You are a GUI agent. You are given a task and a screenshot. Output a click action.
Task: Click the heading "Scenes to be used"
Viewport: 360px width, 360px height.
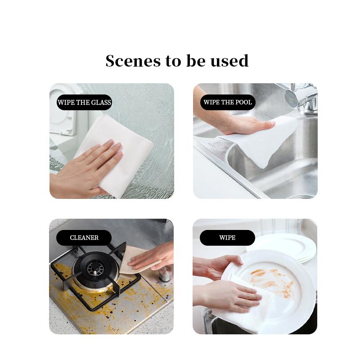click(177, 61)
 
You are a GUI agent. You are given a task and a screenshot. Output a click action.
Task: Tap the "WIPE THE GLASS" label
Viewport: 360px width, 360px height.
click(84, 102)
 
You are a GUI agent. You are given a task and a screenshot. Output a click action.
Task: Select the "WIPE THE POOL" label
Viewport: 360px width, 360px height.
click(227, 102)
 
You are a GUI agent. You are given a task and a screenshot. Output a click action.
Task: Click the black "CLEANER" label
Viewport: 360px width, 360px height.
click(84, 238)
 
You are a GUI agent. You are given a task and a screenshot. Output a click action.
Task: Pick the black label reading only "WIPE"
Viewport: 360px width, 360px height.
click(227, 238)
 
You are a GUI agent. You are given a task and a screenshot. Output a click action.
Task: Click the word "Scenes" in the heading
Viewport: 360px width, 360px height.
click(133, 61)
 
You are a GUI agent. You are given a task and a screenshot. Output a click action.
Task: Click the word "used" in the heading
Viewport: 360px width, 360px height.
click(231, 61)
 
